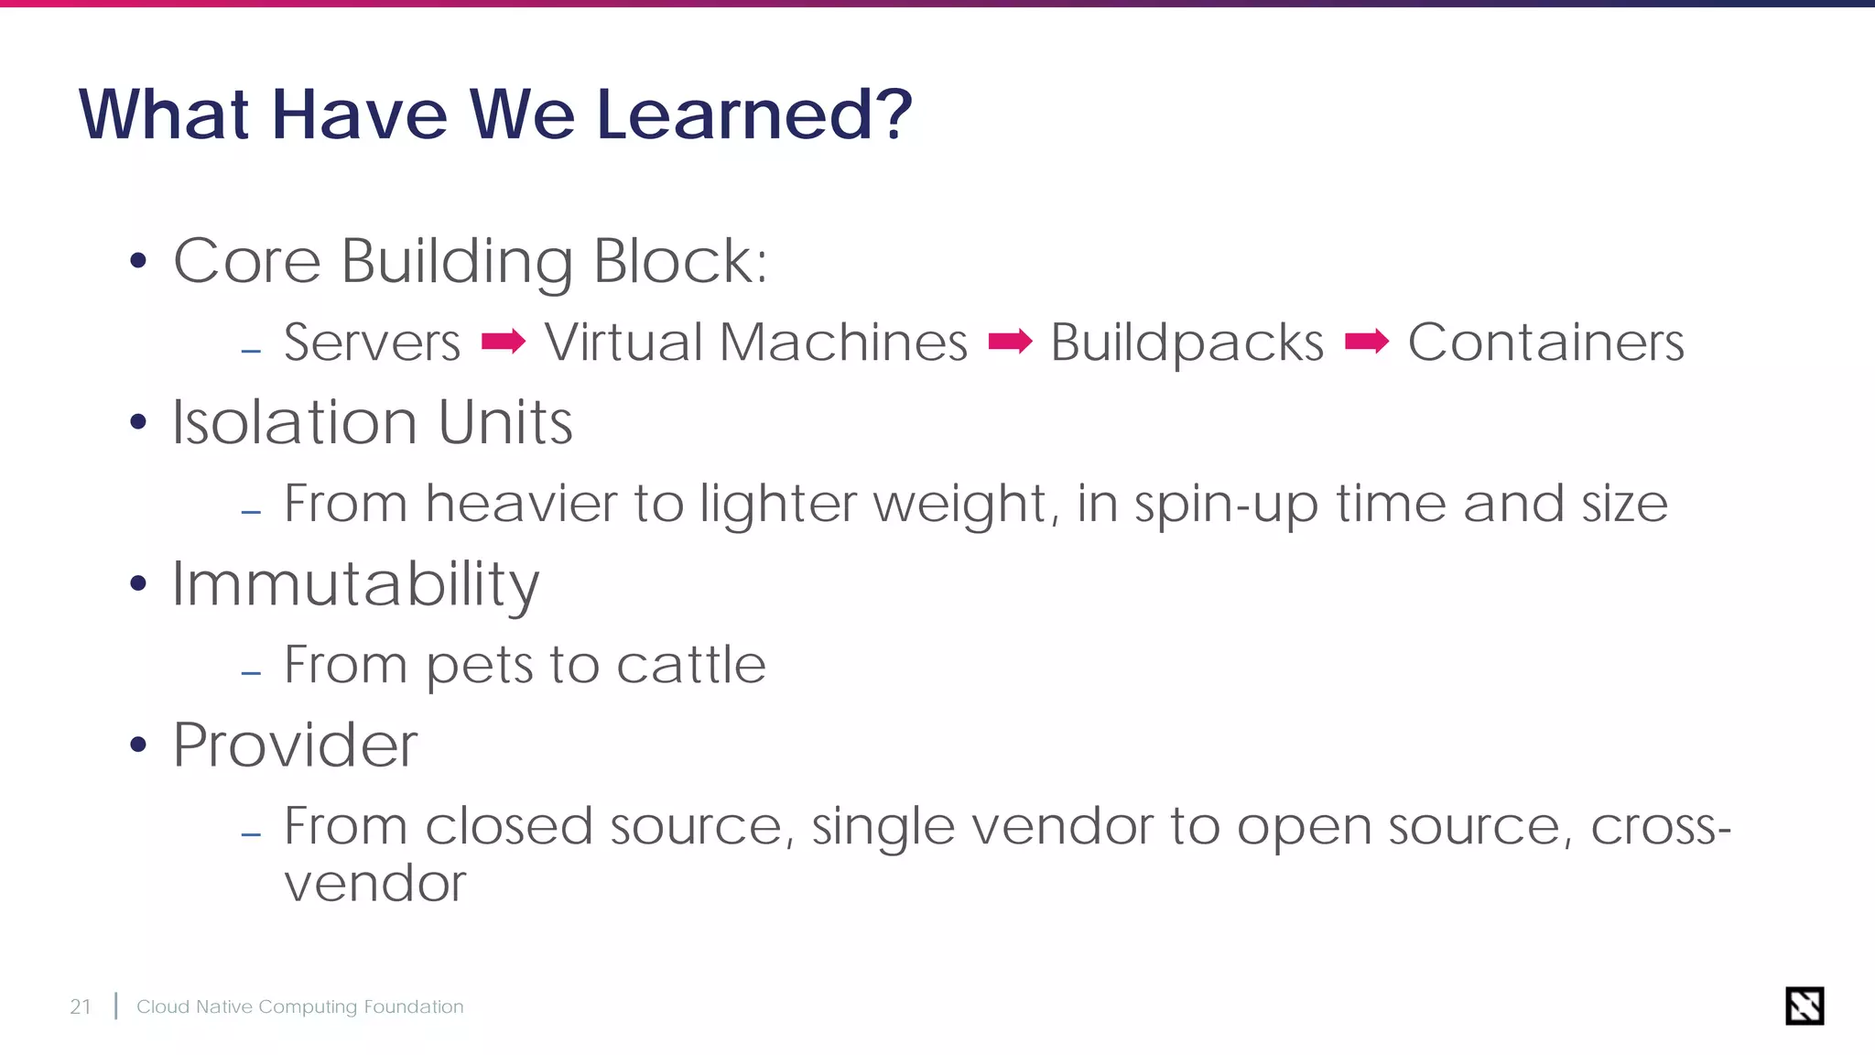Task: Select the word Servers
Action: click(x=372, y=343)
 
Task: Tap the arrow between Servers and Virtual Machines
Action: click(x=504, y=343)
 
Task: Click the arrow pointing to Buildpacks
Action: click(x=1011, y=343)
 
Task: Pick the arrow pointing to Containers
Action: click(x=1367, y=343)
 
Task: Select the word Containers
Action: click(x=1545, y=343)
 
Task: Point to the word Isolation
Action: click(x=295, y=422)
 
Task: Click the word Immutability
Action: click(x=355, y=585)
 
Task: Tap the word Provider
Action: click(x=295, y=745)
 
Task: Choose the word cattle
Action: click(x=691, y=664)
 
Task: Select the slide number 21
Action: click(x=81, y=1006)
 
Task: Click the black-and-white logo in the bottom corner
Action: click(x=1805, y=1006)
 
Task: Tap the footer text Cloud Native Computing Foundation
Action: click(x=300, y=1006)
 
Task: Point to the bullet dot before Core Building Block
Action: click(x=138, y=261)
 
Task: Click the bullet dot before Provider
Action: click(x=138, y=745)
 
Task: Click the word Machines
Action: click(x=843, y=343)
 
